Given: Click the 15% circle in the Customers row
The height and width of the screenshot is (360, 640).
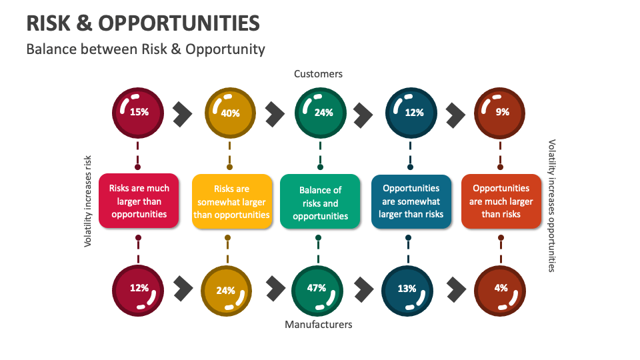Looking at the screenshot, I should pyautogui.click(x=138, y=112).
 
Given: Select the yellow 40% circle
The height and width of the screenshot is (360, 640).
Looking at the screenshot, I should pyautogui.click(x=229, y=112).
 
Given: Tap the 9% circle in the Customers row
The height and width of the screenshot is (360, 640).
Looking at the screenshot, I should pyautogui.click(x=501, y=112).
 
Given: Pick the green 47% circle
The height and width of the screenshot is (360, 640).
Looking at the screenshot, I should pyautogui.click(x=317, y=289).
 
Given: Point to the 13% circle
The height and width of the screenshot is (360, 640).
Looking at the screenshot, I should pyautogui.click(x=407, y=289).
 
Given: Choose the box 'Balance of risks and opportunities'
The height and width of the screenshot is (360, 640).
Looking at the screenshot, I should pyautogui.click(x=320, y=202).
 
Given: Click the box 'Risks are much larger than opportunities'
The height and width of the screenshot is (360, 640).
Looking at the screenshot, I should pyautogui.click(x=139, y=201).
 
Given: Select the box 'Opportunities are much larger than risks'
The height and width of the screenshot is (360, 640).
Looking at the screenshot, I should pyautogui.click(x=501, y=201).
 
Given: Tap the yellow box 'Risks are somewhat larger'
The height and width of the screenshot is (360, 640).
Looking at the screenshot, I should pyautogui.click(x=232, y=201).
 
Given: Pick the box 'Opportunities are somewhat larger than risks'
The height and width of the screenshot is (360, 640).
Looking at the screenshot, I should pyautogui.click(x=411, y=201).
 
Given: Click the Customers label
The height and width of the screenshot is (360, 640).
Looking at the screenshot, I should pyautogui.click(x=318, y=74).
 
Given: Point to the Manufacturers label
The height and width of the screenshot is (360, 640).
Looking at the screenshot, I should pyautogui.click(x=318, y=325).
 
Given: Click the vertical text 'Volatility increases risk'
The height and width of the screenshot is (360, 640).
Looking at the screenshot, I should pyautogui.click(x=87, y=201).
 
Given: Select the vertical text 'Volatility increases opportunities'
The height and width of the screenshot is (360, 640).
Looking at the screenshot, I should pyautogui.click(x=551, y=205).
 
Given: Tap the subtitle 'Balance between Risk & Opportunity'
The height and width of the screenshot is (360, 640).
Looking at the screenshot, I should pyautogui.click(x=145, y=49).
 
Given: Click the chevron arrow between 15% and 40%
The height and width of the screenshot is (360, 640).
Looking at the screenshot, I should pyautogui.click(x=182, y=114).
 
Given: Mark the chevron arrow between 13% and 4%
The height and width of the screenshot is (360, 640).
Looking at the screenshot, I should pyautogui.click(x=457, y=289).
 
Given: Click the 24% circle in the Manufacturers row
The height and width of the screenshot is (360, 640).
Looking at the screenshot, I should pyautogui.click(x=226, y=289).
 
